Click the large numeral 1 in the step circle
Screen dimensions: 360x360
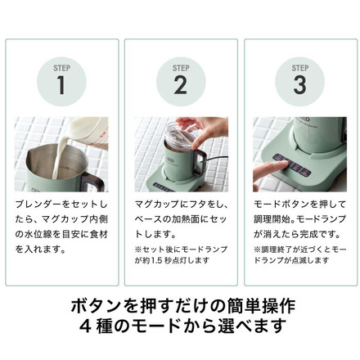[61, 85]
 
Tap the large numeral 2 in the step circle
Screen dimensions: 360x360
[181, 85]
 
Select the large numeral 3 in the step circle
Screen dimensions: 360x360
[299, 85]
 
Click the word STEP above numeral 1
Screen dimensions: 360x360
[61, 68]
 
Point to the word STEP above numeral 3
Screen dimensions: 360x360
[300, 68]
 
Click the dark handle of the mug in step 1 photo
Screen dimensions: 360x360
[92, 181]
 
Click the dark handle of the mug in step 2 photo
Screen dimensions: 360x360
[200, 162]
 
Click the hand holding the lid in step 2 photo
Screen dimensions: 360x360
[206, 128]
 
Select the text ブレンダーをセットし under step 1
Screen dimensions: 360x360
[61, 204]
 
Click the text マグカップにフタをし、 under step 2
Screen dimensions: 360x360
[182, 204]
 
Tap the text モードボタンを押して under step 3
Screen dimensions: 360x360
[299, 204]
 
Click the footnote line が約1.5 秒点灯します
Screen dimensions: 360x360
[172, 260]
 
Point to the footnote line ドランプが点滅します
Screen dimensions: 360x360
[291, 260]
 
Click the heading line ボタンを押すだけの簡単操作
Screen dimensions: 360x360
[183, 306]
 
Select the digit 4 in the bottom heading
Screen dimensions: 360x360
[85, 326]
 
